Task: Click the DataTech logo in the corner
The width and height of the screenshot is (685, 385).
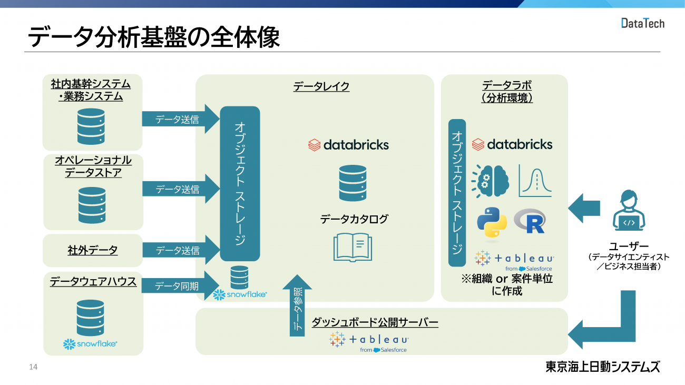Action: coord(642,23)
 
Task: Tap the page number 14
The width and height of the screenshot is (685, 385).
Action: coord(33,367)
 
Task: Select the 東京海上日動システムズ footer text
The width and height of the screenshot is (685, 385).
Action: coord(602,367)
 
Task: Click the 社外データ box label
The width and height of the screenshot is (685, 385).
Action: coord(93,251)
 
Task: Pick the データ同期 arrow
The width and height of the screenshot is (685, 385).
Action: coord(179,286)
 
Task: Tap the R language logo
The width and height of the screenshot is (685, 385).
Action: coord(530,221)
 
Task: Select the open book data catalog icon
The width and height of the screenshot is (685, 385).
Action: coord(353,246)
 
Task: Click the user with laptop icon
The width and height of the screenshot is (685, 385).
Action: coord(629,213)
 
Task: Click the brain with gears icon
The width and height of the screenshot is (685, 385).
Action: coord(491,181)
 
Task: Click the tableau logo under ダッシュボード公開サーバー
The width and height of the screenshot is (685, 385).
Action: coord(369,341)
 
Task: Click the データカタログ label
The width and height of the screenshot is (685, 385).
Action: coord(354,219)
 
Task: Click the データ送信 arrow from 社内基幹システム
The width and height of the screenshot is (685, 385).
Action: coord(179,120)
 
